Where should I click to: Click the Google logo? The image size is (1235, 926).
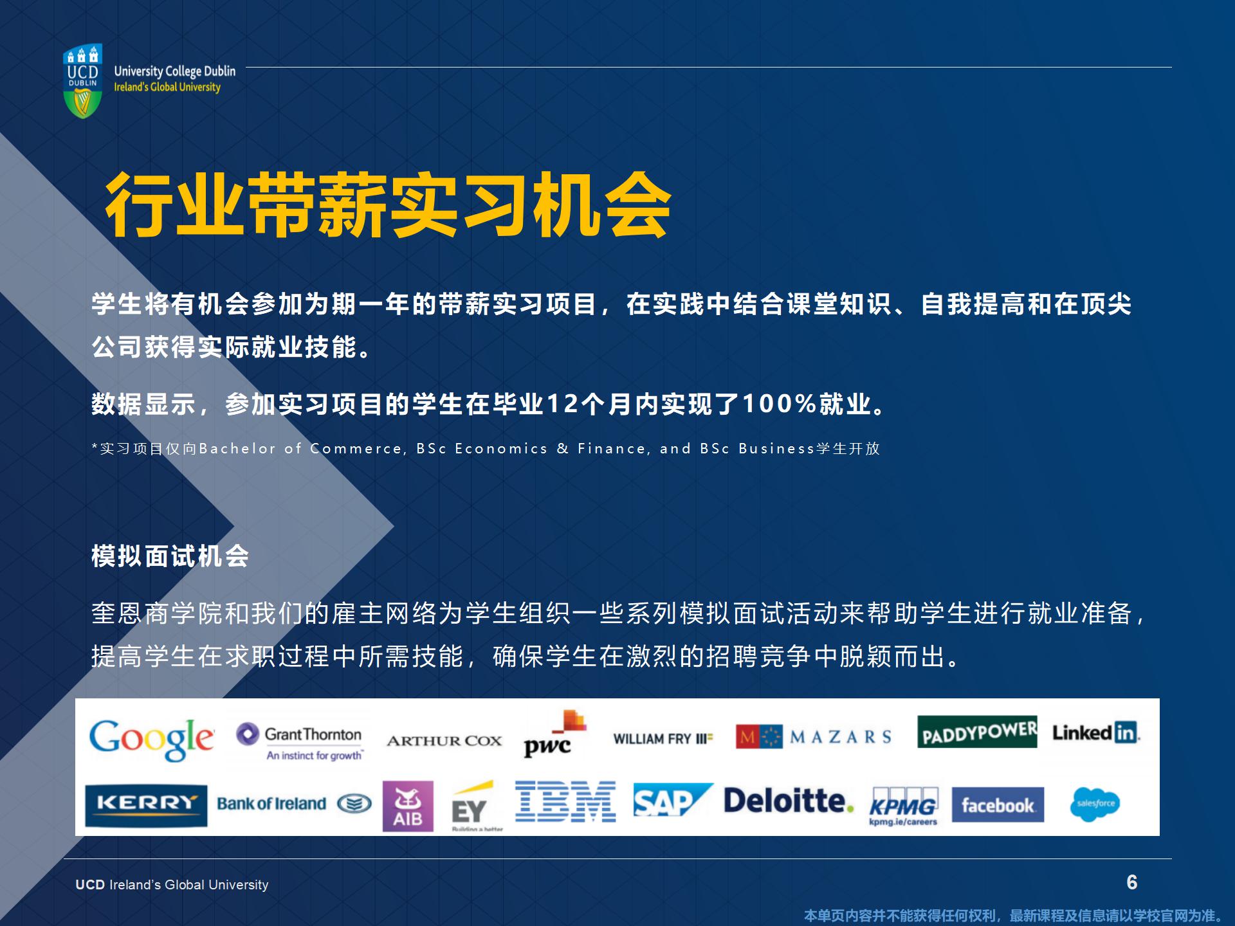coord(152,740)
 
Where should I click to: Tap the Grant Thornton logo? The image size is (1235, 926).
coord(300,741)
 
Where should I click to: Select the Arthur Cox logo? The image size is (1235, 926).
coord(444,741)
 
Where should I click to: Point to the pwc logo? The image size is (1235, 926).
coord(554,734)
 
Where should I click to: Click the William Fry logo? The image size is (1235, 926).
coord(663,739)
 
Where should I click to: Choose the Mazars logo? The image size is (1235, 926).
coord(814,737)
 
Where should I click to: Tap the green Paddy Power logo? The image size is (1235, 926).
coord(977,732)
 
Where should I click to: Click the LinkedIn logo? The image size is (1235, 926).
coord(1095,732)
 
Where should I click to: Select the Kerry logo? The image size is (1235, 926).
coord(146,805)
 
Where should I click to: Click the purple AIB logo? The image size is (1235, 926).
coord(408,806)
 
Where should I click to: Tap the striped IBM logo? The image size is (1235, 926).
coord(565,801)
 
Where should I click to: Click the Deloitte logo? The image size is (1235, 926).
coord(789,801)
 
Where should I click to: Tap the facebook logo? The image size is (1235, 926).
coord(998,804)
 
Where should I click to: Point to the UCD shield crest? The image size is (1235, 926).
coord(83,82)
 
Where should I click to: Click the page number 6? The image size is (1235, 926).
coord(1132,882)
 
